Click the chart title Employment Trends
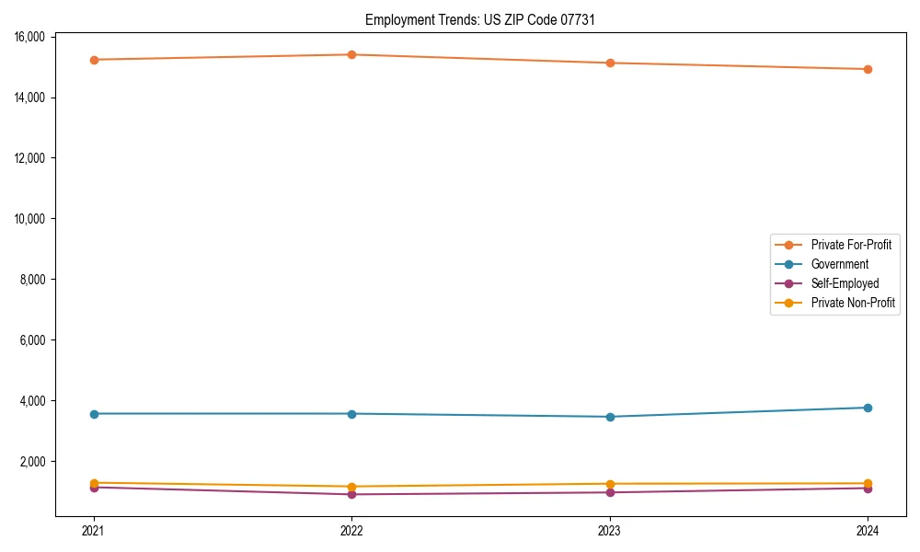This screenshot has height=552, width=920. click(x=480, y=19)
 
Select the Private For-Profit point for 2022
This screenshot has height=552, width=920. click(x=351, y=54)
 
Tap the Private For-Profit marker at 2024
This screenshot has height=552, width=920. click(x=868, y=69)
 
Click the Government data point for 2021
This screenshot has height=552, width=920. click(x=94, y=414)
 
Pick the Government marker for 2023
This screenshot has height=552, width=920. click(x=610, y=417)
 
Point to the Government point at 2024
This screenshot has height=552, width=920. click(x=868, y=408)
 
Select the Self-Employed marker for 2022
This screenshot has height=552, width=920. click(x=351, y=494)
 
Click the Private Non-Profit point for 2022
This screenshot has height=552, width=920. click(x=351, y=487)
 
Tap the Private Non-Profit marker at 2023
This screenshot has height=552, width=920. click(x=610, y=484)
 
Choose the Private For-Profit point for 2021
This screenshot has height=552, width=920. click(x=94, y=60)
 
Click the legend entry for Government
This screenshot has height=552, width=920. click(x=839, y=264)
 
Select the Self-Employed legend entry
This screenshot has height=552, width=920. click(x=845, y=283)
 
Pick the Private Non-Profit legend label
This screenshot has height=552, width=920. click(x=853, y=303)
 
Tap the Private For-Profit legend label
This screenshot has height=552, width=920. click(x=851, y=245)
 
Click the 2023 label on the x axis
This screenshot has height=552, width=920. click(x=610, y=530)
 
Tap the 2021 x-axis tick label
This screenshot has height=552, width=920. click(x=94, y=530)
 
